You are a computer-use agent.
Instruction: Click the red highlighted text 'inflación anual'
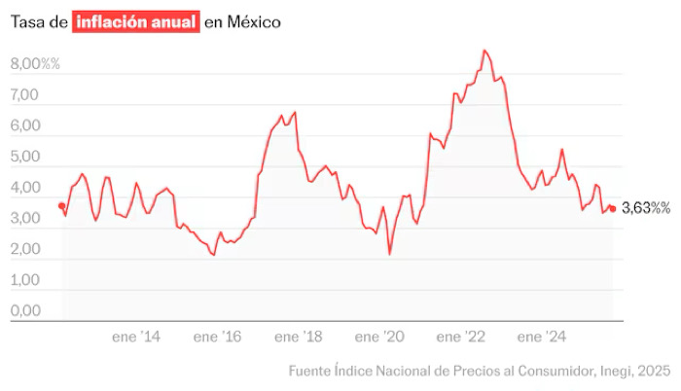click(x=135, y=21)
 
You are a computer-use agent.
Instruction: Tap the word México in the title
click(x=253, y=21)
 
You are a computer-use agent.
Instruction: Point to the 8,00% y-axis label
click(x=35, y=63)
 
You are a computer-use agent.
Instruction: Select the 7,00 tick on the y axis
click(x=24, y=94)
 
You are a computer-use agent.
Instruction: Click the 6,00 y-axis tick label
click(x=24, y=125)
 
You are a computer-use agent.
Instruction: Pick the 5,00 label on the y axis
click(x=24, y=157)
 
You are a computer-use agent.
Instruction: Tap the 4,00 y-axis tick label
click(x=24, y=188)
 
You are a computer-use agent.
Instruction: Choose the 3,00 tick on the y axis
click(x=24, y=219)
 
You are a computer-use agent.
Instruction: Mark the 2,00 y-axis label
click(x=24, y=249)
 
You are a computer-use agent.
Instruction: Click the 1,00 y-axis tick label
click(x=24, y=280)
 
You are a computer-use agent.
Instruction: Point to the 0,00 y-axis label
click(x=24, y=311)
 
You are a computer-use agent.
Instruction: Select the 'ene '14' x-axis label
click(x=136, y=337)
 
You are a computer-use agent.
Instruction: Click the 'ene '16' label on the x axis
click(x=217, y=337)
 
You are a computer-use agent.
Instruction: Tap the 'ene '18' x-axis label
click(x=298, y=337)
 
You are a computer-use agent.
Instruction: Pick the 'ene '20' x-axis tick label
click(x=378, y=337)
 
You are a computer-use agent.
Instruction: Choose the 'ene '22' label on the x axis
click(x=460, y=337)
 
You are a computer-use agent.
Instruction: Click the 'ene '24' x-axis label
click(x=541, y=337)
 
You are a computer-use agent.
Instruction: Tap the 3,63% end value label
click(x=645, y=207)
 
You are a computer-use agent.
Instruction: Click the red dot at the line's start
click(x=61, y=205)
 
